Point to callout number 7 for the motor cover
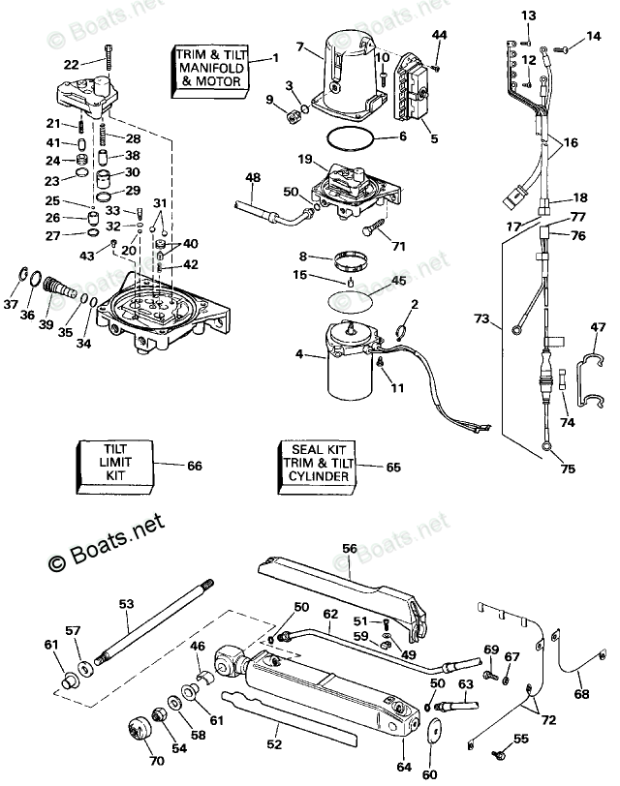click(300, 46)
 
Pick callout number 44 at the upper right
click(439, 36)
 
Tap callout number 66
click(195, 466)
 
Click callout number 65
click(392, 467)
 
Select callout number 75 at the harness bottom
click(568, 469)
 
